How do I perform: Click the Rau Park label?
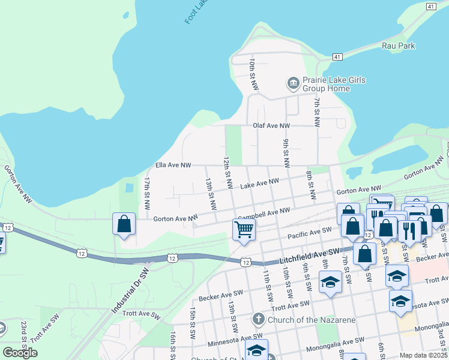(398, 45)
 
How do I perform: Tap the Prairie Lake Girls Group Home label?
(326, 84)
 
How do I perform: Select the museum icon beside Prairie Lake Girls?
(293, 83)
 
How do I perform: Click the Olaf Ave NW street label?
(271, 125)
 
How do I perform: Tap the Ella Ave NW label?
(173, 164)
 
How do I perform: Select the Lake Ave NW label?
(260, 184)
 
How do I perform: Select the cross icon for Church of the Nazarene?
(258, 319)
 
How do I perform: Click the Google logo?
(20, 353)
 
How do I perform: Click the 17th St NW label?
(146, 191)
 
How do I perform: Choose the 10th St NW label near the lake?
(253, 74)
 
